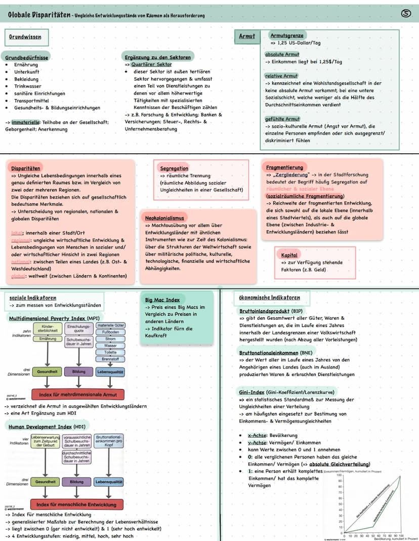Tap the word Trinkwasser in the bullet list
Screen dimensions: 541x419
[x=28, y=86]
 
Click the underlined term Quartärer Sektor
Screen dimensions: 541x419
[x=151, y=64]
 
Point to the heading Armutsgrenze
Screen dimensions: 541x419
[x=287, y=35]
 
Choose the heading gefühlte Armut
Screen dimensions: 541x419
[x=282, y=118]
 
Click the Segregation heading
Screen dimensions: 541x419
[x=174, y=168]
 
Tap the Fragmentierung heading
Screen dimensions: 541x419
[x=284, y=167]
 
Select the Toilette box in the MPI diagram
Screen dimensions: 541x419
[x=110, y=352]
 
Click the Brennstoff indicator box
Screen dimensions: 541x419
[x=110, y=358]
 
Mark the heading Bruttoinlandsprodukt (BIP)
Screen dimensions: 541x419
[x=271, y=311]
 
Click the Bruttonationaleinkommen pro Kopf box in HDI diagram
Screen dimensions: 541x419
[x=109, y=440]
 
